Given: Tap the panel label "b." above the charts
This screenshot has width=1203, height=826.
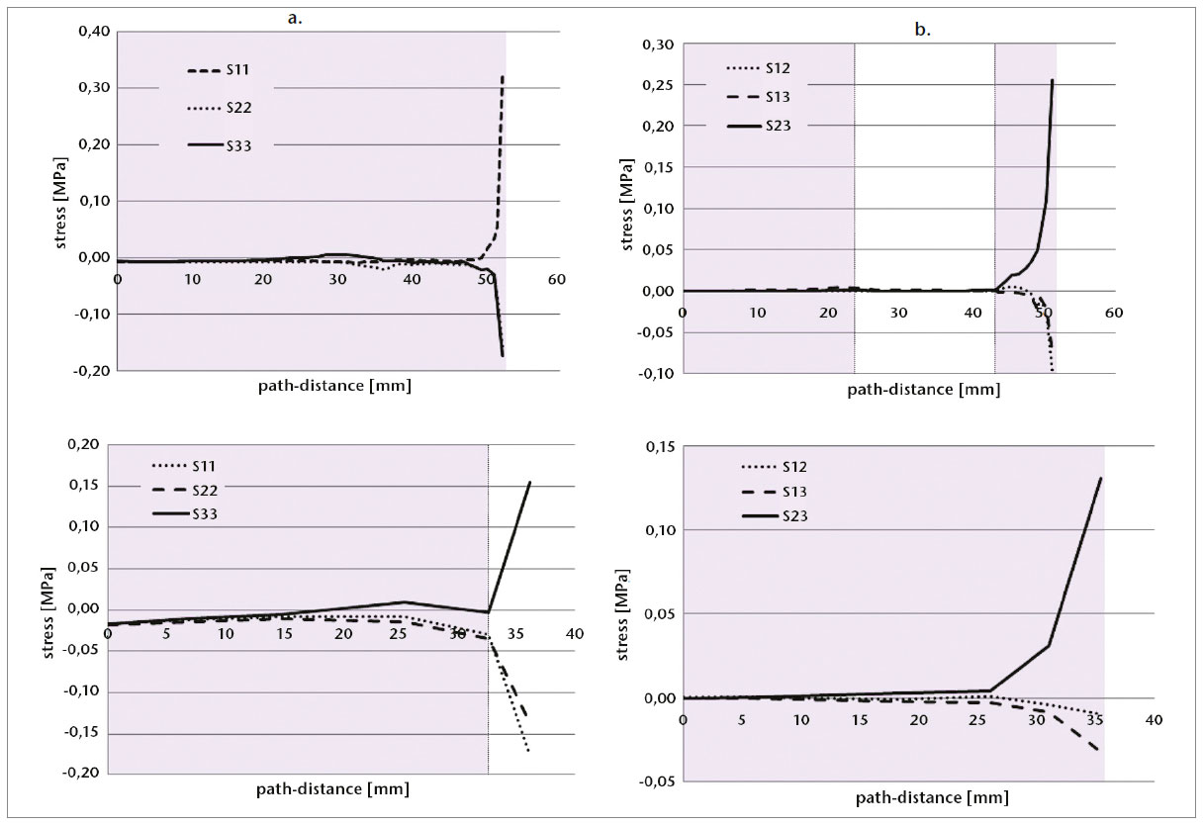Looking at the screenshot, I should coord(922,32).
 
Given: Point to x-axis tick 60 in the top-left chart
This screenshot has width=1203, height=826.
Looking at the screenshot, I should coord(558,280).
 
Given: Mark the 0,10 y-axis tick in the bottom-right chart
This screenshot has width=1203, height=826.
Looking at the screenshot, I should coord(657,530).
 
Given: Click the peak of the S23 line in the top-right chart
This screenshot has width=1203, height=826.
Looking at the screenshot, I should coord(1053,80).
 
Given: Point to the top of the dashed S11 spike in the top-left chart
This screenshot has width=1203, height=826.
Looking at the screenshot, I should coord(504,75).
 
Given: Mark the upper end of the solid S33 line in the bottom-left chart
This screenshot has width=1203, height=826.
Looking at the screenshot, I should coord(530,483).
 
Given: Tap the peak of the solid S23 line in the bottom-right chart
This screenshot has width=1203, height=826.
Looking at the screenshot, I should coord(1101,478).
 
